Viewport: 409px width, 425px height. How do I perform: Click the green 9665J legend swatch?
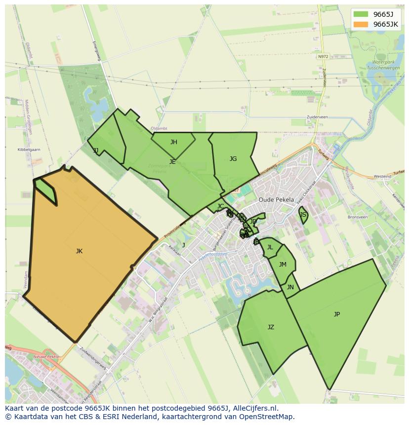click(361, 14)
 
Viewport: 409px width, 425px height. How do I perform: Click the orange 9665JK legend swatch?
click(361, 24)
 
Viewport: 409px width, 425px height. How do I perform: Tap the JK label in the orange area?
click(79, 251)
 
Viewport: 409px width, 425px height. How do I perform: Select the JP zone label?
click(337, 314)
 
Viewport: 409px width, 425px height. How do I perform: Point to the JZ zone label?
click(271, 327)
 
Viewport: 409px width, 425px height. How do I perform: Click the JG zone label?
click(233, 159)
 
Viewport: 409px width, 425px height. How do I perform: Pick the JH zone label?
click(174, 142)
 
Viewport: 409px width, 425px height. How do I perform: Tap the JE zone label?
click(172, 162)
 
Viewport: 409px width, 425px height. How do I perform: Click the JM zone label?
click(283, 265)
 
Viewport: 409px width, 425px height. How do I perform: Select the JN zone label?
click(290, 287)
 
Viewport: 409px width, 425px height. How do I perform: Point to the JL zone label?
click(270, 247)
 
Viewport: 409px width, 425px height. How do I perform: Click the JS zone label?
click(303, 215)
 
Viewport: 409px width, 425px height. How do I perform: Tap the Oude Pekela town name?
click(276, 200)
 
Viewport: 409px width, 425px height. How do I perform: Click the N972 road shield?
click(323, 57)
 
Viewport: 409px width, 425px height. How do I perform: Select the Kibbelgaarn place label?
click(29, 150)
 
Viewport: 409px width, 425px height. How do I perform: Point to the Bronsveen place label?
click(358, 217)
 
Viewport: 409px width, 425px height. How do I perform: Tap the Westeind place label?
click(382, 176)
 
